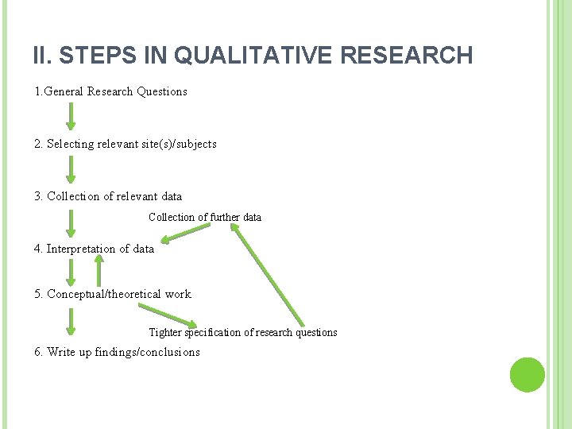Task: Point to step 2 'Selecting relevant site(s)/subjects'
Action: (x=126, y=144)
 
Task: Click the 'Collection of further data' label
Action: (x=204, y=217)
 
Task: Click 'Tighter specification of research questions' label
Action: (x=243, y=332)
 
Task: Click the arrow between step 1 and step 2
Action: (x=71, y=116)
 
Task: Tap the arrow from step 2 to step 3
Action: (x=71, y=169)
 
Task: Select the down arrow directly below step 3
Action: (x=71, y=223)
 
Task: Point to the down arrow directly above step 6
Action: (x=71, y=321)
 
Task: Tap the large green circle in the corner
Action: (x=527, y=374)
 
